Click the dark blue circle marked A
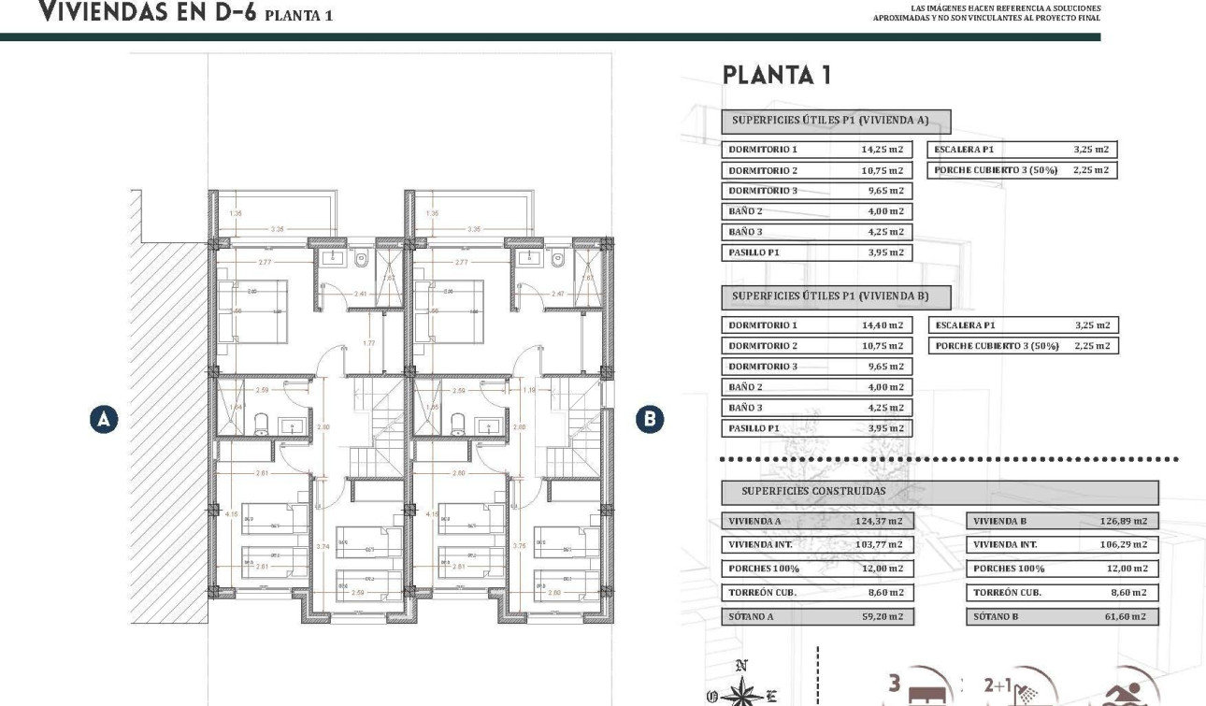click(104, 420)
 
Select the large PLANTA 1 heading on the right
click(776, 76)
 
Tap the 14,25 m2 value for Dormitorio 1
click(882, 150)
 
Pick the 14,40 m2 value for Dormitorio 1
click(882, 325)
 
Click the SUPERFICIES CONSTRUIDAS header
click(813, 491)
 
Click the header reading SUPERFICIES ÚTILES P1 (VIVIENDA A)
click(836, 121)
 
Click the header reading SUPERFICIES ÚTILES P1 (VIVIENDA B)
click(836, 296)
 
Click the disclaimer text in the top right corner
click(986, 13)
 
